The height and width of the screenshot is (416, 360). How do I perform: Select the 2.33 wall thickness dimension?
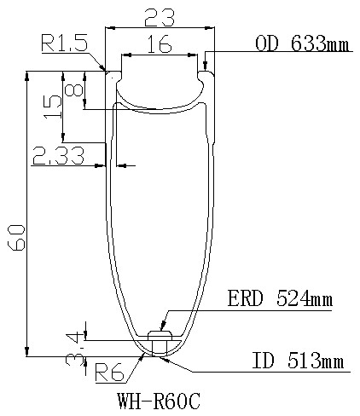(57, 156)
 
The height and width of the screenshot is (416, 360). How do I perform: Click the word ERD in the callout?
(247, 300)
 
